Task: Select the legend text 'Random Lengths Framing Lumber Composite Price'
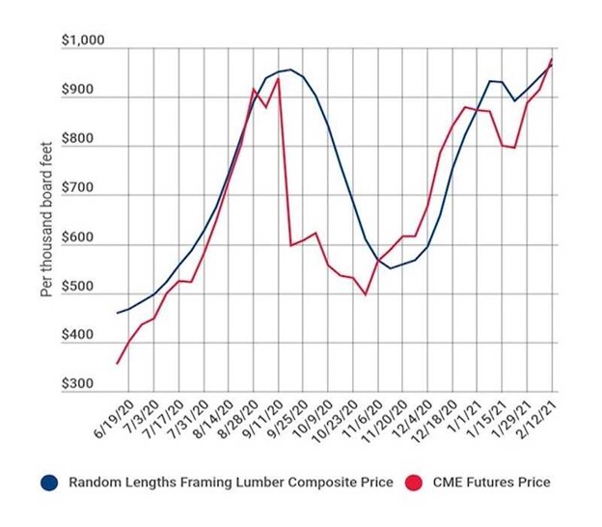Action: (227, 483)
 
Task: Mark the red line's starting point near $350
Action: (118, 363)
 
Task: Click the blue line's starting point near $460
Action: (118, 313)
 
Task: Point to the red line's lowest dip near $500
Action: (365, 293)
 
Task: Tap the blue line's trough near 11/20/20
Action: (390, 267)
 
